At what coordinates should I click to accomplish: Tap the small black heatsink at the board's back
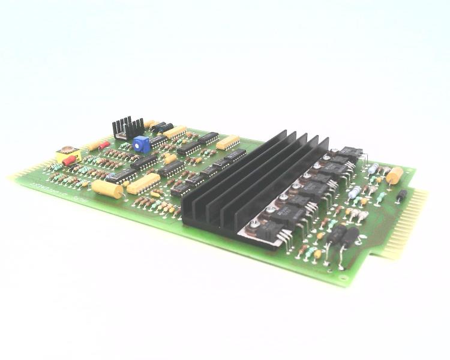[x=127, y=127]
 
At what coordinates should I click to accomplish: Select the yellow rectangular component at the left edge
[x=68, y=155]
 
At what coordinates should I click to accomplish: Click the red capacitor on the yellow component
[x=70, y=160]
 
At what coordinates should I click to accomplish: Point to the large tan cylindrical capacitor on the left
[x=107, y=189]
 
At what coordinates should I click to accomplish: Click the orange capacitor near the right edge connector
[x=395, y=175]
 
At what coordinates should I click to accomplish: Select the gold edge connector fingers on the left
[x=21, y=175]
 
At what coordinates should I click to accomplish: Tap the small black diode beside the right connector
[x=401, y=195]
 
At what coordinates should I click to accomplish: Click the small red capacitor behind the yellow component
[x=104, y=145]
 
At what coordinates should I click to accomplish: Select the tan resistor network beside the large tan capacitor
[x=143, y=183]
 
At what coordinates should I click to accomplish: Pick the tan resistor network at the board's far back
[x=175, y=132]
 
